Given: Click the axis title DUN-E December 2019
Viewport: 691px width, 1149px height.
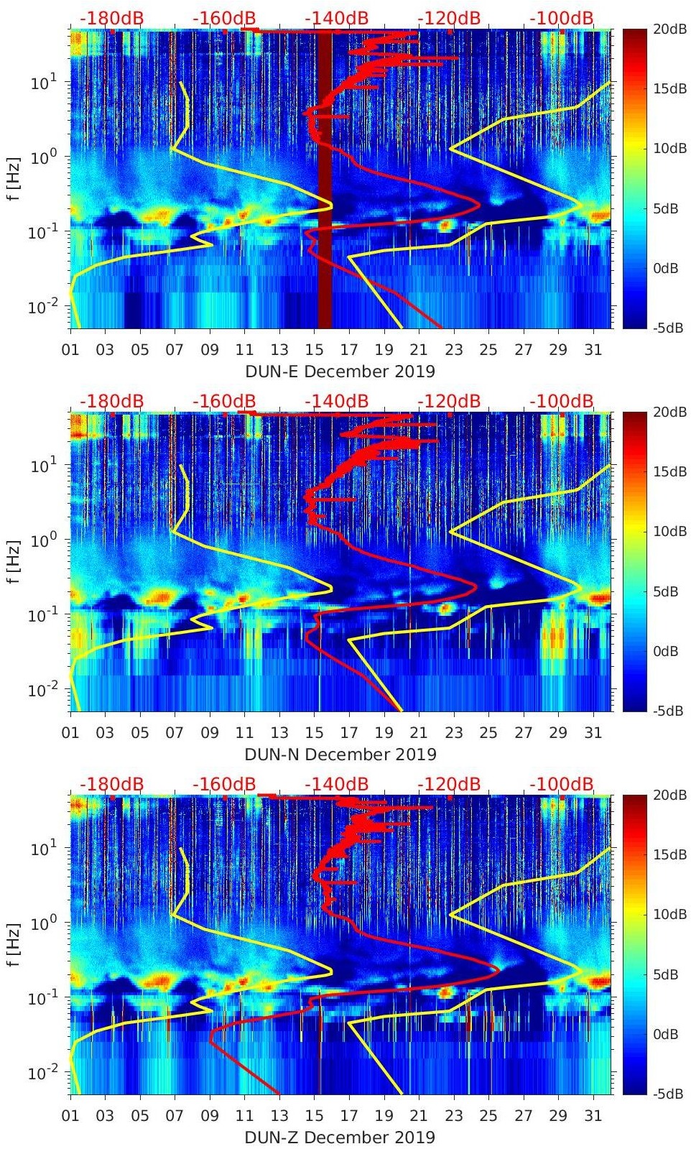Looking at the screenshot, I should (340, 372).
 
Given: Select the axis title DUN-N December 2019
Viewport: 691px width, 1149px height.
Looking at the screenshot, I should (340, 755).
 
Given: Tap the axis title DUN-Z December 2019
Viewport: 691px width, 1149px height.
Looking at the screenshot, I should (340, 1138).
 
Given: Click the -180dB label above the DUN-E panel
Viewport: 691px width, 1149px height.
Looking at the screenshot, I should (111, 18).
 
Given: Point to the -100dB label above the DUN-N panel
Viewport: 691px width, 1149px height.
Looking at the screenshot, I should (562, 401).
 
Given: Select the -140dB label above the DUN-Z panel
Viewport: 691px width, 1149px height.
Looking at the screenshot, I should (337, 784).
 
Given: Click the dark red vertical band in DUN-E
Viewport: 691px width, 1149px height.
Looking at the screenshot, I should (325, 180).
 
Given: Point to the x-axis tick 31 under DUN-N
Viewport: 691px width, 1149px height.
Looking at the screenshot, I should (593, 733).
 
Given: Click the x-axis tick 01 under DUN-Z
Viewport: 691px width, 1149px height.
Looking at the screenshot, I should (70, 1116).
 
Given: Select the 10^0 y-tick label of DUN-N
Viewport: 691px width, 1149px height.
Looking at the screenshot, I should (43, 539).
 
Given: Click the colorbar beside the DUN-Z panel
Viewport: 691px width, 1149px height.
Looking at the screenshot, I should (634, 945).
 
